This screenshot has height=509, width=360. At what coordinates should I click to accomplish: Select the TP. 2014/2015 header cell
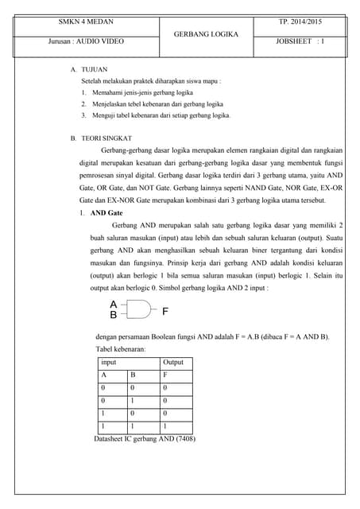[x=300, y=22]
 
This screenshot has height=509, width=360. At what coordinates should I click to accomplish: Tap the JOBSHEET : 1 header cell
[x=300, y=40]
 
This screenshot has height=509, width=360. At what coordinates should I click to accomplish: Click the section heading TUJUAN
[x=94, y=70]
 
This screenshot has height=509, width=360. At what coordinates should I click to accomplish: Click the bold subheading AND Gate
[x=106, y=214]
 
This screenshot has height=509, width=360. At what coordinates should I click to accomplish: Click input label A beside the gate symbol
[x=114, y=305]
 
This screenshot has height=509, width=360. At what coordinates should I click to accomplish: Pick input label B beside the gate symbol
[x=114, y=316]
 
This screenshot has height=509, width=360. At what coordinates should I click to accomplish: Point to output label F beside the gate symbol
[x=165, y=310]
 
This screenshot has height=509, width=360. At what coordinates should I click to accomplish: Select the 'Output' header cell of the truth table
[x=173, y=362]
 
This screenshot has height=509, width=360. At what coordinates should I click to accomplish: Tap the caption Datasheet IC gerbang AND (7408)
[x=145, y=438]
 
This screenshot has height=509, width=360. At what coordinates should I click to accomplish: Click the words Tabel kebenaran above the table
[x=121, y=349]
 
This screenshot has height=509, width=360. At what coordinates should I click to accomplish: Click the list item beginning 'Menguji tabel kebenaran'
[x=160, y=115]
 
